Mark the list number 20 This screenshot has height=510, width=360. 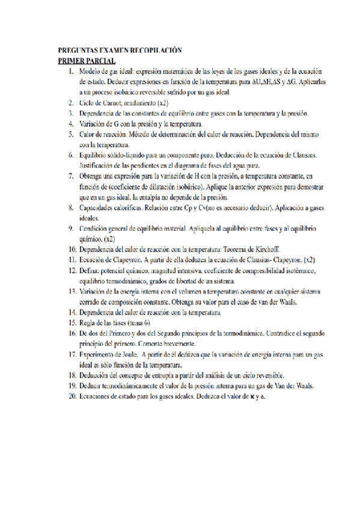coord(72,397)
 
